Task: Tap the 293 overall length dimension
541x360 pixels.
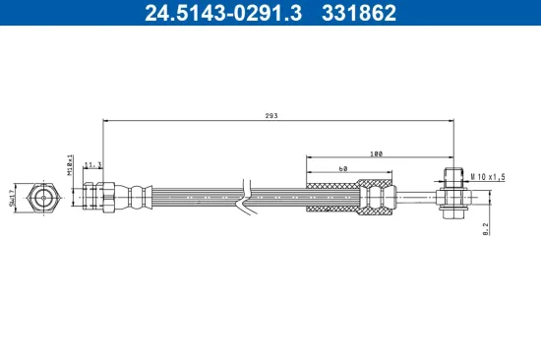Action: click(271, 116)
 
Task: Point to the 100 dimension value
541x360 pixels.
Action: click(377, 153)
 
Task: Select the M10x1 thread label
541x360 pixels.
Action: click(71, 162)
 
